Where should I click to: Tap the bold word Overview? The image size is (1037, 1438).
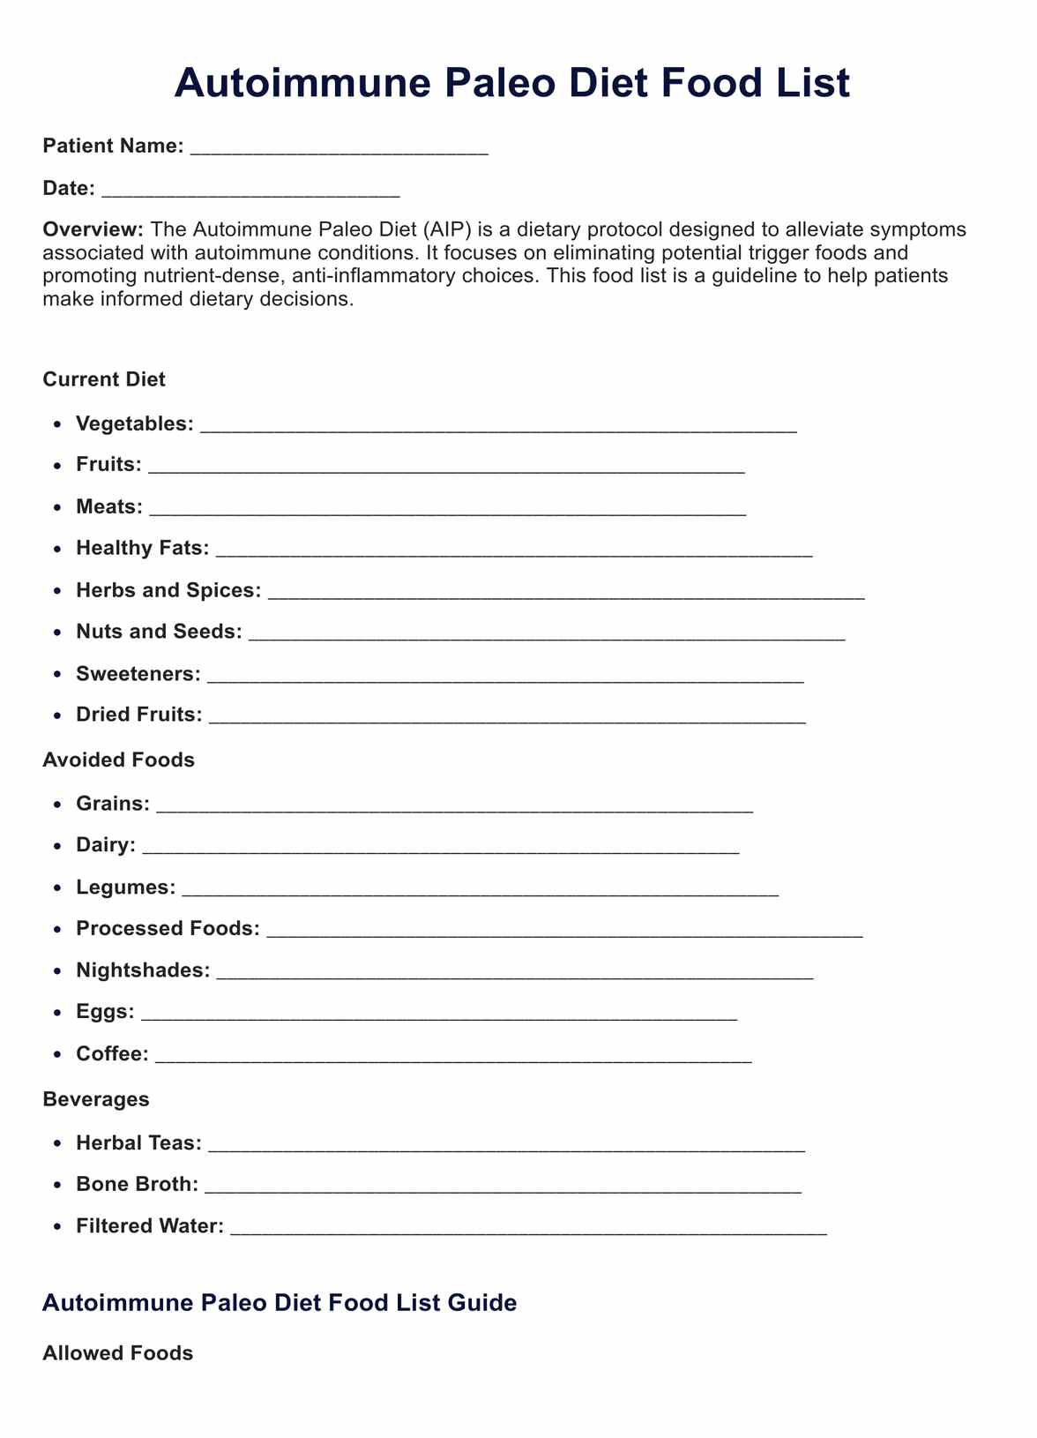click(93, 229)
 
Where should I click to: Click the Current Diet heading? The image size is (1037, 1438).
click(104, 379)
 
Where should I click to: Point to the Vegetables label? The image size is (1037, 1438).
click(134, 423)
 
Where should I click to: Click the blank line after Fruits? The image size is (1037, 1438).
click(446, 467)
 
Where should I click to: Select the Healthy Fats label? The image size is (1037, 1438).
click(142, 548)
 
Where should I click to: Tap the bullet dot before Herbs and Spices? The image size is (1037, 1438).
click(57, 591)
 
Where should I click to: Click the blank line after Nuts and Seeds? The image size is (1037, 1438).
click(547, 633)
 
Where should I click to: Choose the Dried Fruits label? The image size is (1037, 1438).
click(138, 715)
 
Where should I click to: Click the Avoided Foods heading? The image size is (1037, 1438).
click(118, 760)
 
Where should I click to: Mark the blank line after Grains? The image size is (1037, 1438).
click(454, 805)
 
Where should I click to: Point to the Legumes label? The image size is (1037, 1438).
click(125, 888)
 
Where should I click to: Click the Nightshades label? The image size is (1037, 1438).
click(143, 970)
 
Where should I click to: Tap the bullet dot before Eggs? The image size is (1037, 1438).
click(57, 1013)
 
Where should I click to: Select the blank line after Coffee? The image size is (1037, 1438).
click(453, 1056)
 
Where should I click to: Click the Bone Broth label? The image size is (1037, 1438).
click(137, 1184)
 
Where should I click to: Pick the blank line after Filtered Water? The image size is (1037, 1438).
click(528, 1228)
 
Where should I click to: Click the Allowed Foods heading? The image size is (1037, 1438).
click(117, 1353)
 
